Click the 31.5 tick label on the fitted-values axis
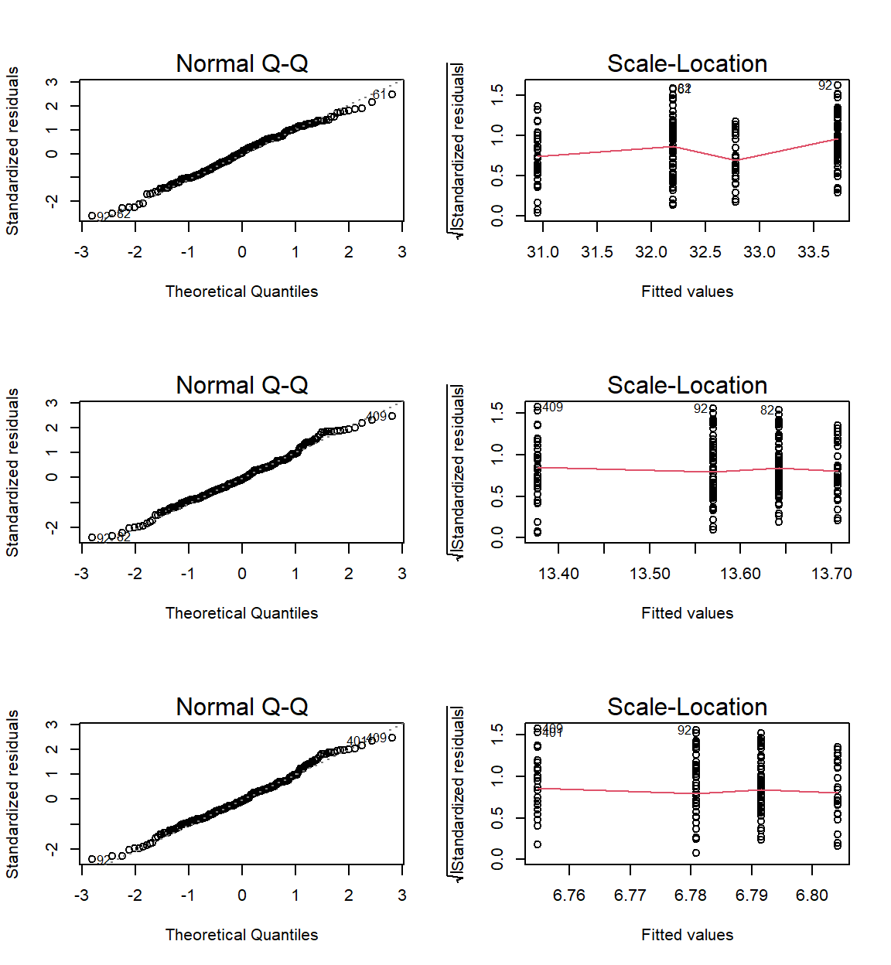click(597, 252)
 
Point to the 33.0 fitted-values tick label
click(760, 252)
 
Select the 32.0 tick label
click(651, 252)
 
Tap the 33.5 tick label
click(814, 252)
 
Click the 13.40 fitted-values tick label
click(558, 574)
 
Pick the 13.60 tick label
click(740, 574)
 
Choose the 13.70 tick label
click(831, 574)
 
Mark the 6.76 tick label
click(569, 895)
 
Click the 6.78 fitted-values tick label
click(691, 895)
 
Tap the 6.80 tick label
click(812, 895)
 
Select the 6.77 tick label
click(630, 895)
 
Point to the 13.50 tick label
click(650, 574)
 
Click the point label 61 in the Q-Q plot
click(379, 95)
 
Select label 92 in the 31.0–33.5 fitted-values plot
click(825, 86)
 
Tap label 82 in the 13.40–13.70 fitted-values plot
click(766, 411)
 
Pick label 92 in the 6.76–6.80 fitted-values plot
click(684, 731)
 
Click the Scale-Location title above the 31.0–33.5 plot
click(687, 64)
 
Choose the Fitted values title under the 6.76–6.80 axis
click(687, 935)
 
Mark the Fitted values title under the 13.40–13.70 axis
click(687, 613)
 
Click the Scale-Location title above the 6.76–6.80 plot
click(687, 708)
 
